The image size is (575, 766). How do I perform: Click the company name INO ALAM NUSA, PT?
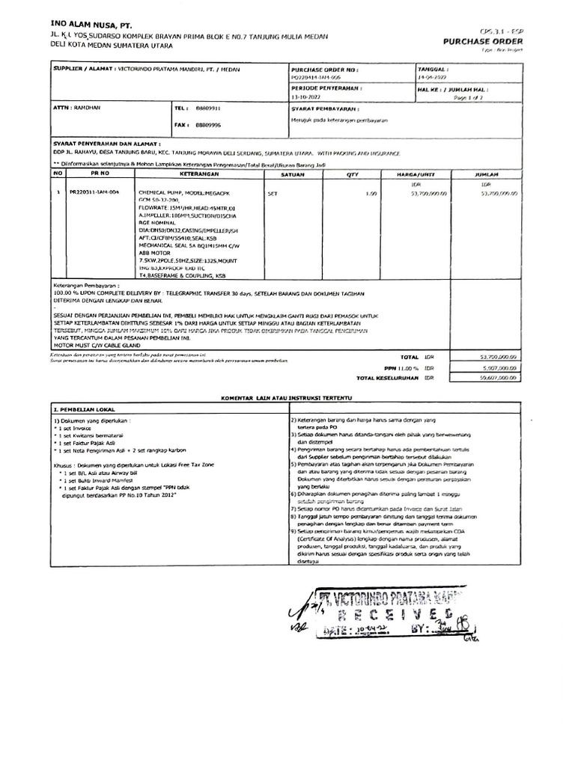click(84, 25)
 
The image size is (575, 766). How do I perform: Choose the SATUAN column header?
click(291, 173)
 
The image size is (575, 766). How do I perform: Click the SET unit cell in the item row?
click(273, 192)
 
